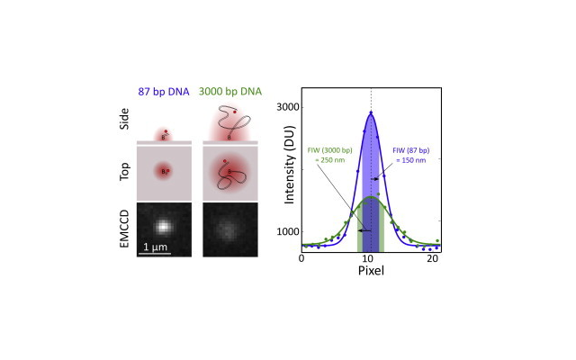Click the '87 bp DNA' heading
[164, 91]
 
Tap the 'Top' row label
[125, 171]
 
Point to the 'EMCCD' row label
[125, 229]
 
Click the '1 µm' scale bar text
[154, 246]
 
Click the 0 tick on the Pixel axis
[301, 259]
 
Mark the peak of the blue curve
[371, 112]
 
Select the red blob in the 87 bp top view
[163, 170]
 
